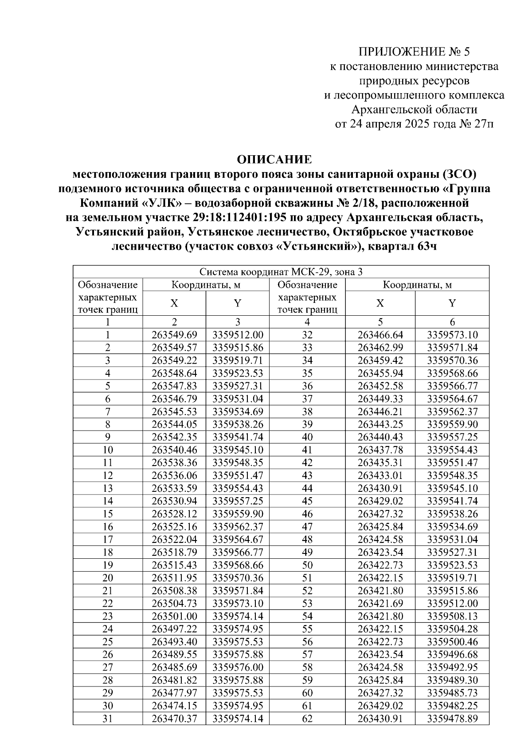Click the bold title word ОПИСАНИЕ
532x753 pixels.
point(274,159)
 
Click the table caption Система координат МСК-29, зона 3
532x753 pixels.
point(281,272)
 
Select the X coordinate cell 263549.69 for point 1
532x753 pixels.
point(174,335)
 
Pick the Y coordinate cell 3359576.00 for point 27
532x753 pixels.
point(238,667)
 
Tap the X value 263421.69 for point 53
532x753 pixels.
point(380,603)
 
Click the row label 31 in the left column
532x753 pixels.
point(108,718)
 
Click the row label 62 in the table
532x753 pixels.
point(307,718)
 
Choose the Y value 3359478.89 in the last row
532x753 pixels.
point(452,718)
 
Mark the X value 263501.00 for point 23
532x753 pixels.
point(174,616)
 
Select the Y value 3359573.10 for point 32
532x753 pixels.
point(452,335)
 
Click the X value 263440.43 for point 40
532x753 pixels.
point(380,437)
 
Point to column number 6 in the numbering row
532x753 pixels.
point(452,322)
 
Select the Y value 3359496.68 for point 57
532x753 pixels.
point(452,654)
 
